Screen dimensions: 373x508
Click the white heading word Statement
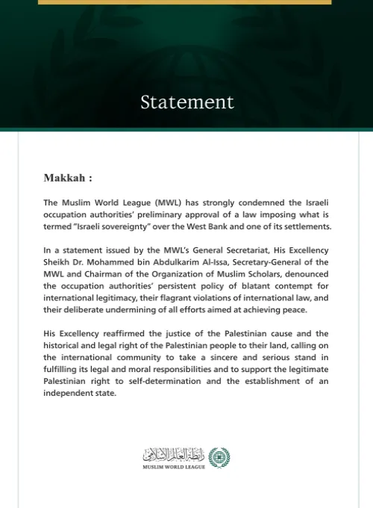(186, 102)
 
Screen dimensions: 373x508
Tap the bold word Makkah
(65, 179)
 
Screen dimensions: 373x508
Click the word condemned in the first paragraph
(246, 202)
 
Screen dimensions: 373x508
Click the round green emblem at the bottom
(219, 456)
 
